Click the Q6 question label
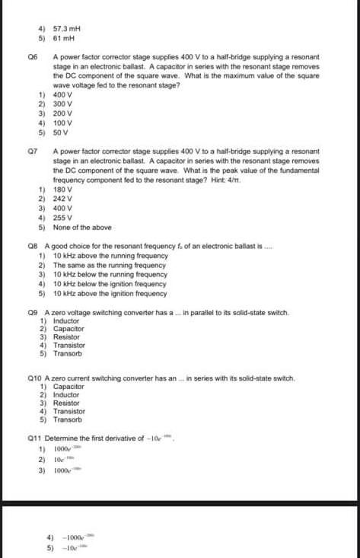pyautogui.click(x=31, y=57)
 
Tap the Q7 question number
pyautogui.click(x=31, y=151)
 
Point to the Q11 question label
pyautogui.click(x=34, y=438)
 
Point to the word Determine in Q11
pyautogui.click(x=63, y=438)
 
